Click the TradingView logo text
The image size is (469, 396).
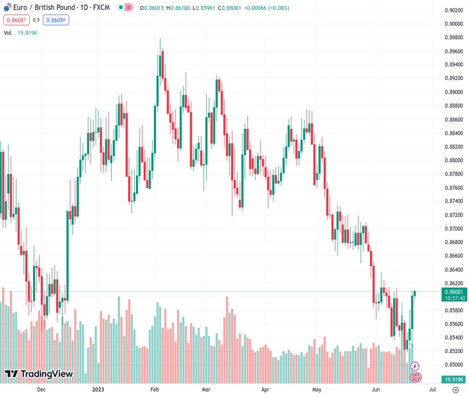click(x=46, y=374)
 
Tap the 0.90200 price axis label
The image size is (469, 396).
click(x=453, y=10)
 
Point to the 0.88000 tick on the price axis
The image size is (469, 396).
click(x=453, y=160)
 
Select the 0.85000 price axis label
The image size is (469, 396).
click(x=453, y=365)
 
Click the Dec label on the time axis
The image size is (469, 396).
click(x=42, y=390)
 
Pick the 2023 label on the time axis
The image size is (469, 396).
click(x=98, y=390)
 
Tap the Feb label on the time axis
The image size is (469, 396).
click(x=155, y=390)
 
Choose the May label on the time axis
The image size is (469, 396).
click(x=316, y=390)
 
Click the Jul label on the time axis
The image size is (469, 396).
click(x=423, y=390)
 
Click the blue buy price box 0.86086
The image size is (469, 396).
click(x=55, y=20)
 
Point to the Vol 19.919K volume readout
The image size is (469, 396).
click(x=21, y=32)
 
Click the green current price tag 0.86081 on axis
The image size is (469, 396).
click(x=453, y=292)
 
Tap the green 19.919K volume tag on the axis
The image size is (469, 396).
click(x=453, y=379)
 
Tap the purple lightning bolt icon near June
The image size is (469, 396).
click(x=415, y=366)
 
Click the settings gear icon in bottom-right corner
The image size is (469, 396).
click(x=455, y=390)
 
